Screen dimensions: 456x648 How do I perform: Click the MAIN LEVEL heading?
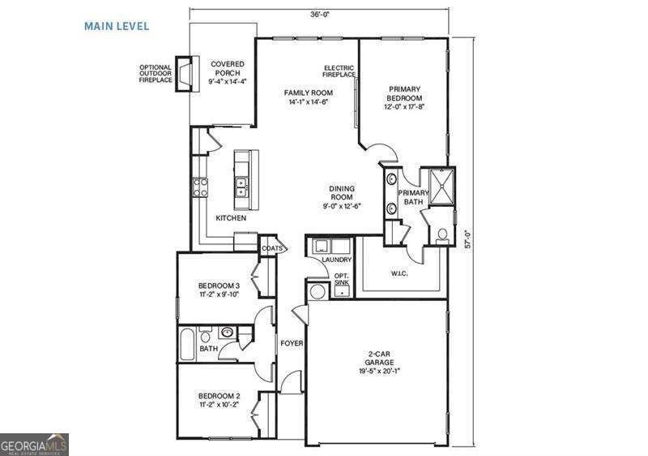tap(117, 26)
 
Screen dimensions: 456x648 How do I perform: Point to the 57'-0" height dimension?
tap(467, 240)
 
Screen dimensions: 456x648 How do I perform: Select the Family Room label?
tap(308, 97)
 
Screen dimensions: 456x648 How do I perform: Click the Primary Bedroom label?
tap(404, 97)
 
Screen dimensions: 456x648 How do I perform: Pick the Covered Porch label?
tap(227, 72)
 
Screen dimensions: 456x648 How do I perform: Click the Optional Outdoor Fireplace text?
tap(156, 75)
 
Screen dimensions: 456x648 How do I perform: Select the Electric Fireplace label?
tap(339, 71)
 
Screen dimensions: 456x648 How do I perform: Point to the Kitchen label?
tap(231, 218)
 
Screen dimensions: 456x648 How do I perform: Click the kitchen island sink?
tap(241, 188)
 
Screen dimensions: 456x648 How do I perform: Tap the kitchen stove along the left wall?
tap(199, 187)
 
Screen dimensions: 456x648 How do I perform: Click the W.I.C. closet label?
tap(399, 273)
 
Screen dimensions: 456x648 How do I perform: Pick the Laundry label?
tap(336, 260)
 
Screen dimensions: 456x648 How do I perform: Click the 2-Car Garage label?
tap(379, 365)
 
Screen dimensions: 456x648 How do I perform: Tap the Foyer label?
tap(292, 343)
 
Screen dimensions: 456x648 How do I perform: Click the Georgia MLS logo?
tap(34, 445)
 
